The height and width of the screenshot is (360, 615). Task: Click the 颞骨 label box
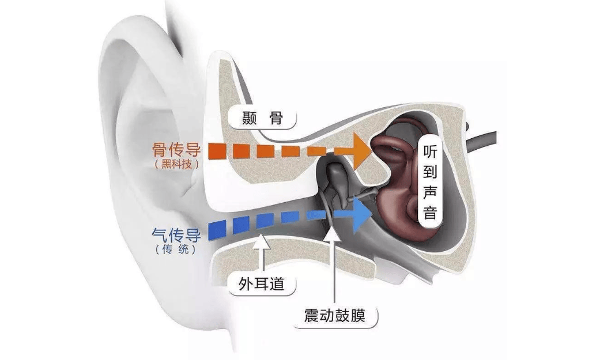pos(262,117)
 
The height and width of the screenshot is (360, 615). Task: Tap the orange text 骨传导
pos(176,149)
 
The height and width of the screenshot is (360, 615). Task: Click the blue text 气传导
pos(176,234)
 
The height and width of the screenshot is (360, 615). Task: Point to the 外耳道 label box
pos(262,283)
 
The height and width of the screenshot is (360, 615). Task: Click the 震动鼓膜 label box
pos(335,316)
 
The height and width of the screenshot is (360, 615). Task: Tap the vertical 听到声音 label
pos(430,183)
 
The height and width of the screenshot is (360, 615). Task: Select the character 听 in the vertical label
pos(430,151)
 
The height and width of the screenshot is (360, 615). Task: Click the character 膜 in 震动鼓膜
pos(358,316)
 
